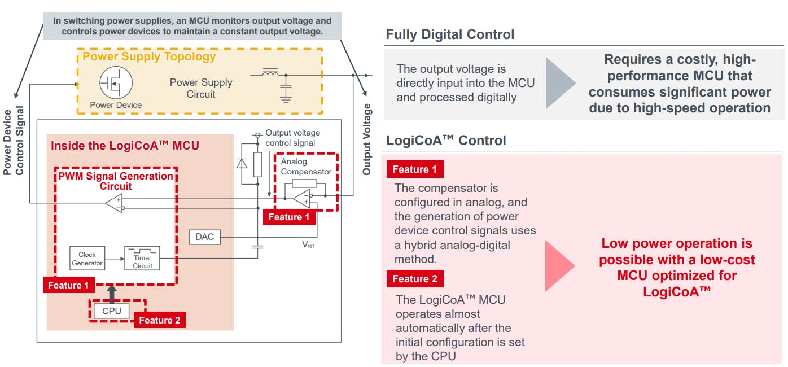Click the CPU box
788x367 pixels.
[112, 311]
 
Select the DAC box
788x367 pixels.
[204, 237]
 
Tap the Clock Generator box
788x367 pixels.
[87, 259]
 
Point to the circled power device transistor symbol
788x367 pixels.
[116, 82]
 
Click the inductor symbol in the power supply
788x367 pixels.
[271, 73]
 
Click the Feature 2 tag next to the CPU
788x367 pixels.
[159, 320]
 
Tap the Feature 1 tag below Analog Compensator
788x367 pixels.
[289, 217]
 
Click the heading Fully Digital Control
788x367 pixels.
[450, 34]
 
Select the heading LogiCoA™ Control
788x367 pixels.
[446, 141]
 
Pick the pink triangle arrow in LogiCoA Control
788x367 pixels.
[559, 265]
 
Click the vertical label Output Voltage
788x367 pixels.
[367, 139]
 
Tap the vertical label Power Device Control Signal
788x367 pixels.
[14, 141]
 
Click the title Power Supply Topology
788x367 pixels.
[149, 56]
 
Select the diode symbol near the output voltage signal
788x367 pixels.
[242, 164]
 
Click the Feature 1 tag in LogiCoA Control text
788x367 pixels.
[414, 169]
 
